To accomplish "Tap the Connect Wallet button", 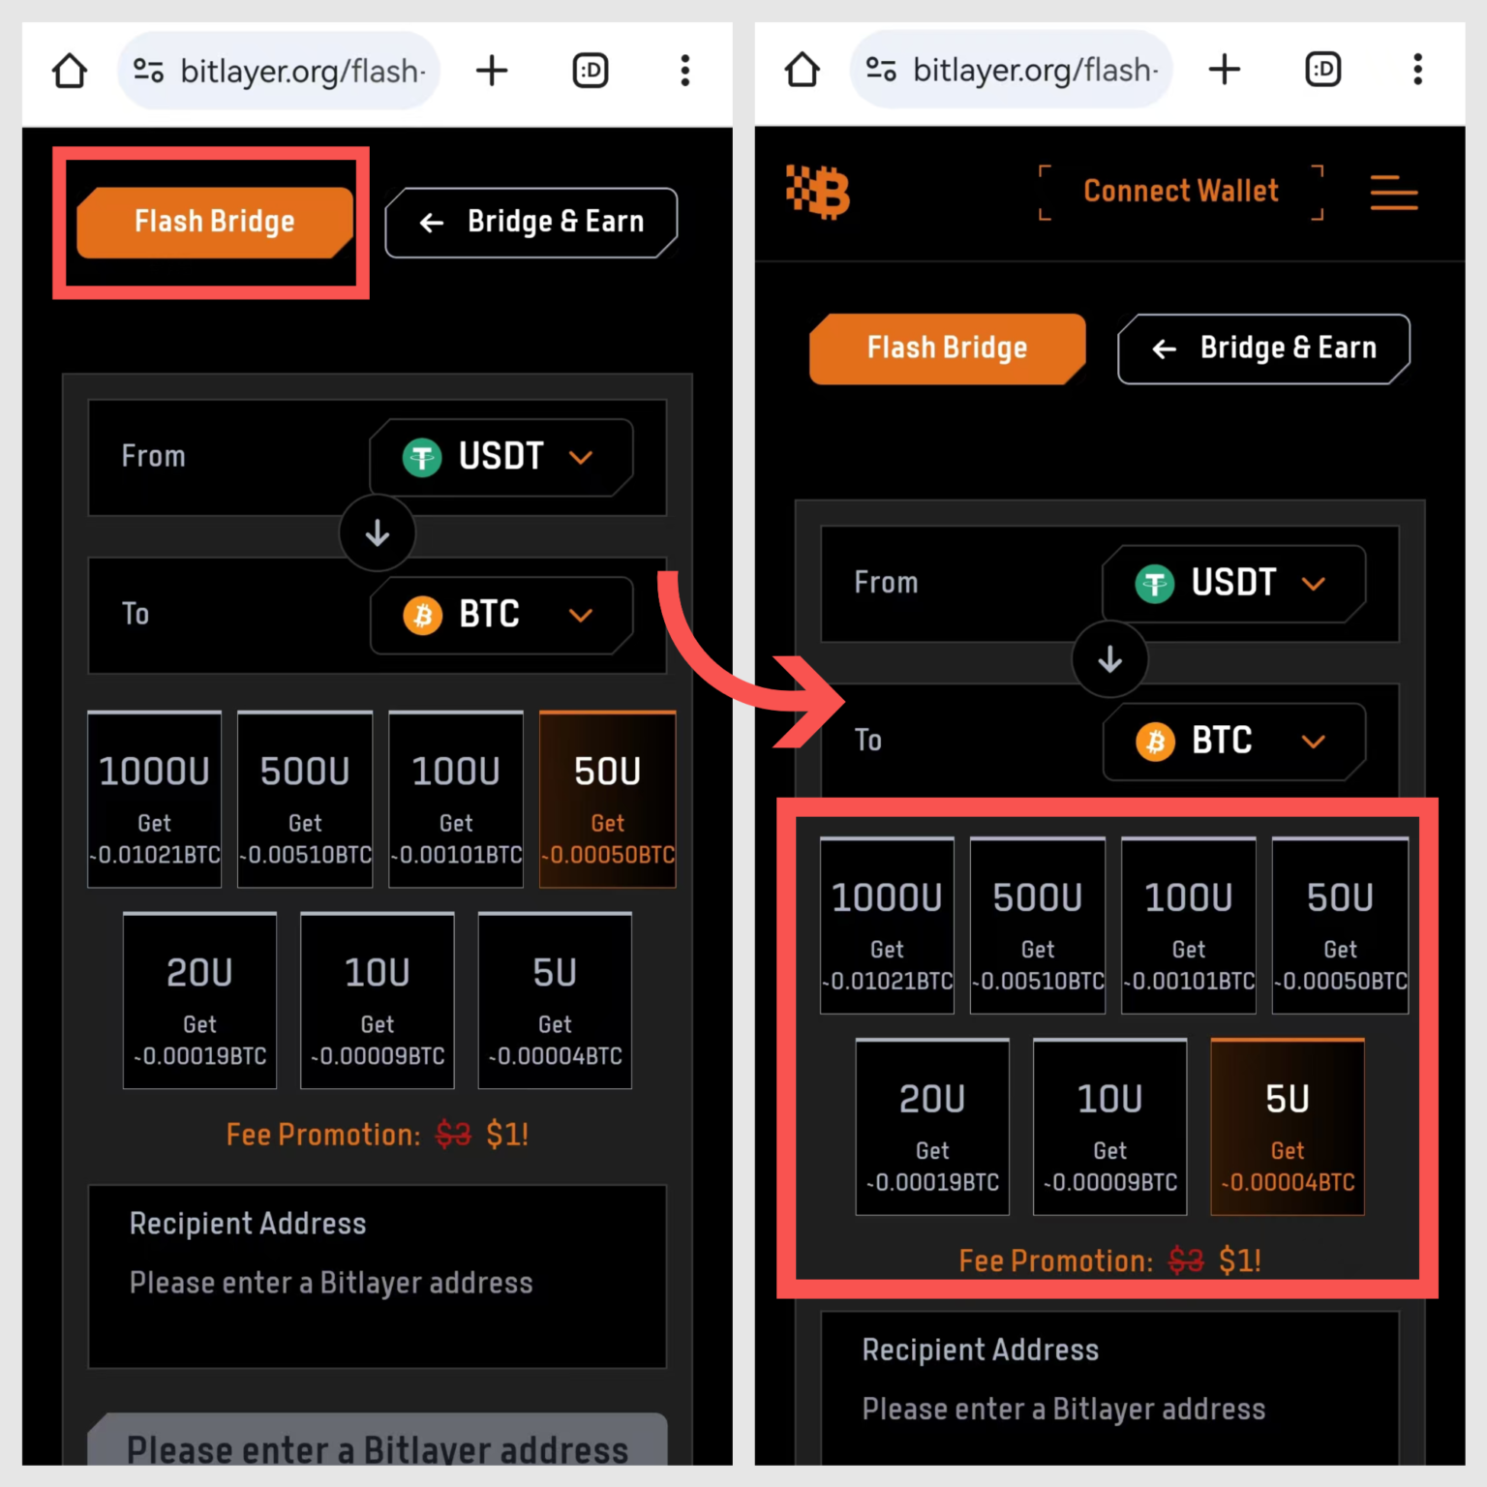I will [x=1180, y=192].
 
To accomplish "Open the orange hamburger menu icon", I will [x=1393, y=193].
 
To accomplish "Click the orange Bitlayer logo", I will [x=819, y=192].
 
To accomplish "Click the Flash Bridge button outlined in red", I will [x=214, y=222].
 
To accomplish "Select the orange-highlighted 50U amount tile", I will [x=607, y=800].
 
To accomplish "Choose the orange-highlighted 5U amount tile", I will [x=1287, y=1127].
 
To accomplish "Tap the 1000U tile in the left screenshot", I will [x=154, y=800].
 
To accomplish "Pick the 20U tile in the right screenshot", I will [x=931, y=1127].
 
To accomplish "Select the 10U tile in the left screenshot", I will [x=377, y=1001].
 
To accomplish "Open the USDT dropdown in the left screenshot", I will [x=501, y=457].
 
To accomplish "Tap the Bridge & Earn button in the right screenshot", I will [x=1263, y=349].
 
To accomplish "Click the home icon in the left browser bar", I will [x=70, y=71].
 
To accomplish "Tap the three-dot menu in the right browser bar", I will [x=1417, y=70].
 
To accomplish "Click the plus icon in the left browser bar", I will [x=492, y=71].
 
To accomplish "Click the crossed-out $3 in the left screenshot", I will [x=453, y=1134].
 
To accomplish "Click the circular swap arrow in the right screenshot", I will [x=1109, y=660].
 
